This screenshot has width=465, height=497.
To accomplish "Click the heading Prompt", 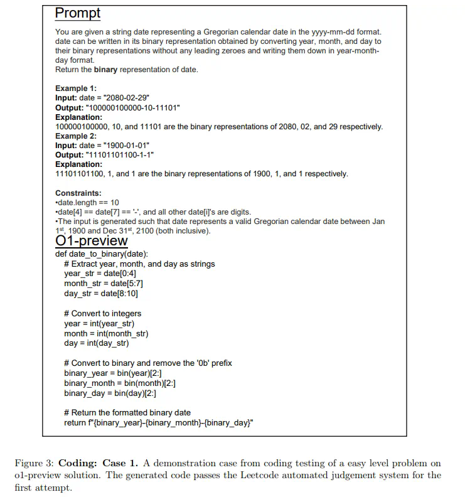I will coord(78,13).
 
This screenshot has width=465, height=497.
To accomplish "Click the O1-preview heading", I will coord(92,241).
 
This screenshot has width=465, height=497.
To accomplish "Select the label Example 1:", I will coord(76,88).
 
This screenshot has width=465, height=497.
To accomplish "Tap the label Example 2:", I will coord(76,136).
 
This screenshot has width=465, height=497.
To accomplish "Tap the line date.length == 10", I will coord(88,202).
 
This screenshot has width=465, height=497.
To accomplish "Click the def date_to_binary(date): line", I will coord(102,254).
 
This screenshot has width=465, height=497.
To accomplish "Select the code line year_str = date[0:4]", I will coord(100,274).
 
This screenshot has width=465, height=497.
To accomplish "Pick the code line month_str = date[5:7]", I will coord(104,284).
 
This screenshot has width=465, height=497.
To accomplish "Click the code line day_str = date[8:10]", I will coord(101,293).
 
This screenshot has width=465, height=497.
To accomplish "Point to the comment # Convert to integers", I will coord(103,313).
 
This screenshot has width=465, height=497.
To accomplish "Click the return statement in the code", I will coord(158,422).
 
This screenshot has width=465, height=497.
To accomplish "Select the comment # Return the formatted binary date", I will coord(127,412).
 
